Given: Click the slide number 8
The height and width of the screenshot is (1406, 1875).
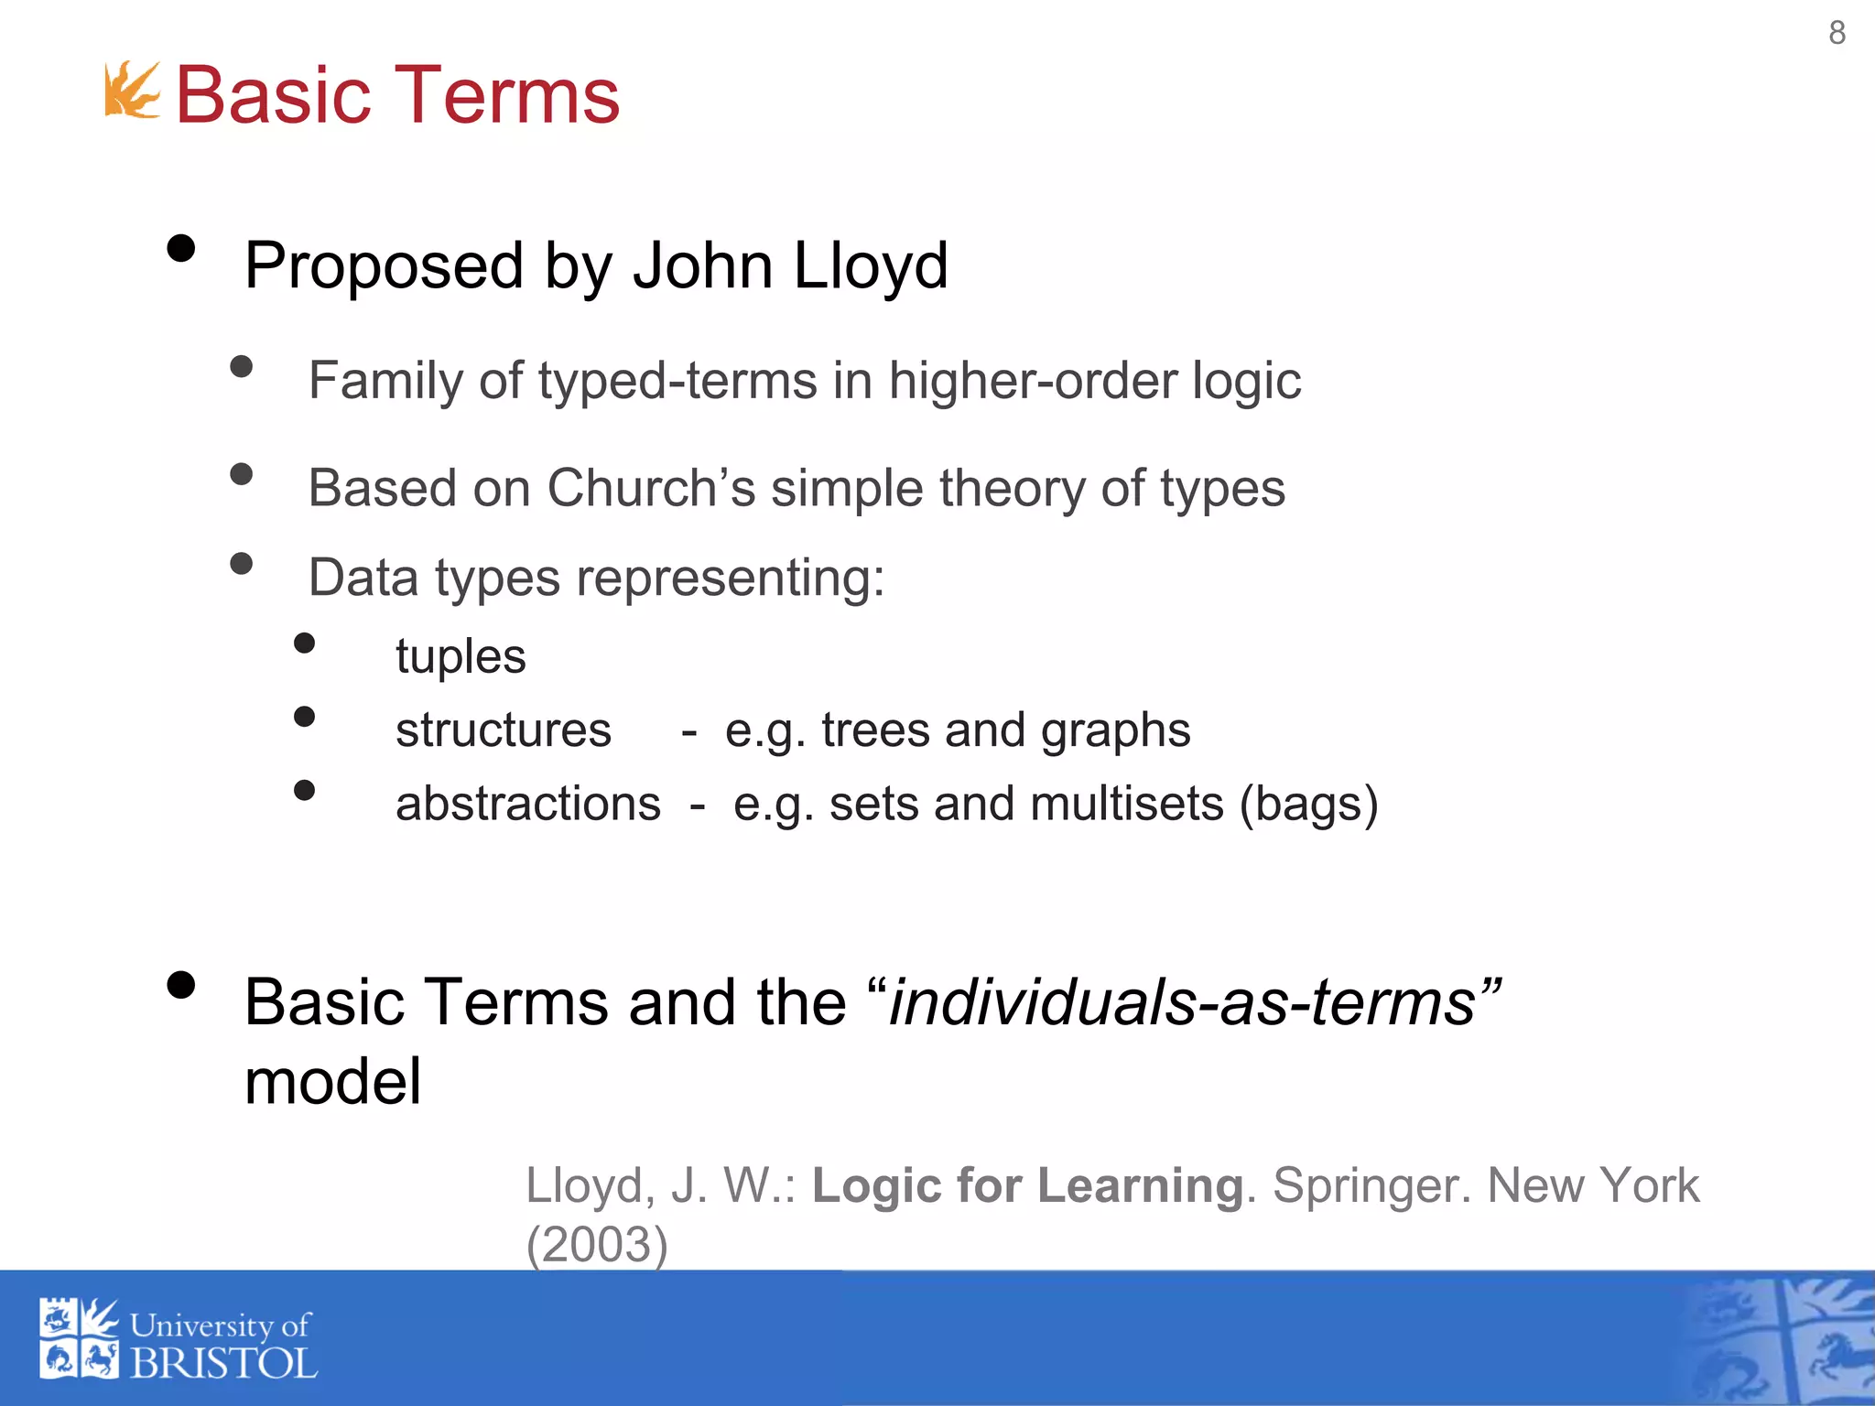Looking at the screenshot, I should click(1837, 33).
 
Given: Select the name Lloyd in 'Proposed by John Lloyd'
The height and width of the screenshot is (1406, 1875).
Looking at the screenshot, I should click(870, 265).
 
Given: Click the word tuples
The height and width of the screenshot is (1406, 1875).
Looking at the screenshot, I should click(461, 656).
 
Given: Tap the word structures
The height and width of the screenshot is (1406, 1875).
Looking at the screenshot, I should click(503, 730).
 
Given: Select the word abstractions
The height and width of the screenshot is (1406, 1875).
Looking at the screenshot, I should click(527, 804).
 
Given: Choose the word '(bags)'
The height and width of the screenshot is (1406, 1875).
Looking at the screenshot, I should click(1308, 804).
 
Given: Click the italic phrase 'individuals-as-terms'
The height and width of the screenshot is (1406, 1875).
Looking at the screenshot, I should click(1182, 1002).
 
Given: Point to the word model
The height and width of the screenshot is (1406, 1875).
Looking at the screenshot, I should click(333, 1082).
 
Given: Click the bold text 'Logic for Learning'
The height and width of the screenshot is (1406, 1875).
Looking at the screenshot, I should click(1027, 1185).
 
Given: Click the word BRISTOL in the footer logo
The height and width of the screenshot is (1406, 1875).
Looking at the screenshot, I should click(223, 1364).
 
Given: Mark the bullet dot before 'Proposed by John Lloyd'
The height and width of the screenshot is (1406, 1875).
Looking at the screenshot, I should click(181, 249).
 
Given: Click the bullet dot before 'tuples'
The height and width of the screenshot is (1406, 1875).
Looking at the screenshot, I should click(305, 644).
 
